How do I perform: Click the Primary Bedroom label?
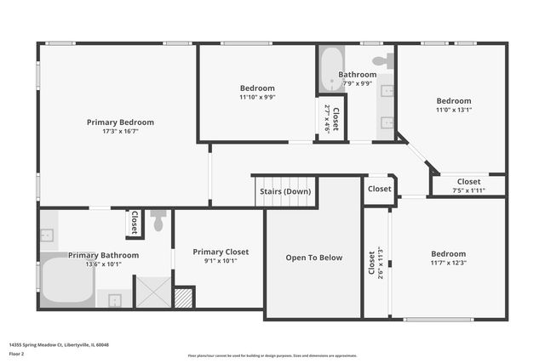(120, 122)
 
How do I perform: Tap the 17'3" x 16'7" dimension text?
(120, 132)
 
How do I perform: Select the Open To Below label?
(313, 258)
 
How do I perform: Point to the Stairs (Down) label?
(285, 191)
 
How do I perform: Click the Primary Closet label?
(220, 252)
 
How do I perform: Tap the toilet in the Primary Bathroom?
(158, 221)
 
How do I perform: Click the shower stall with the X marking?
(153, 291)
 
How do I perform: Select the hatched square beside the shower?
(183, 298)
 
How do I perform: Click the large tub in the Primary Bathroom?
(66, 280)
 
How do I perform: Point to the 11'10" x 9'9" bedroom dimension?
(257, 97)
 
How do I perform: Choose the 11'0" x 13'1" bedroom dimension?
(453, 110)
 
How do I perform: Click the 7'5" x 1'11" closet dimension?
(468, 190)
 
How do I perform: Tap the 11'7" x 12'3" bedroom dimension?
(448, 263)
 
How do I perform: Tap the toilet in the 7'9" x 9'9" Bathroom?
(385, 61)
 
